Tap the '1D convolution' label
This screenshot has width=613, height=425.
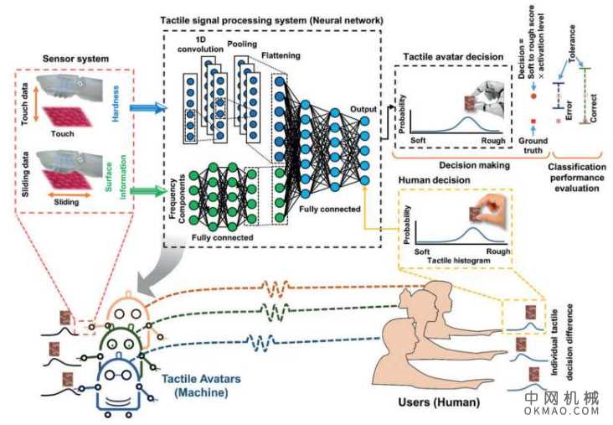(202, 43)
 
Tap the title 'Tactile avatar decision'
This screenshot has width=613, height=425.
(451, 55)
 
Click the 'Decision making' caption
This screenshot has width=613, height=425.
(477, 166)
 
